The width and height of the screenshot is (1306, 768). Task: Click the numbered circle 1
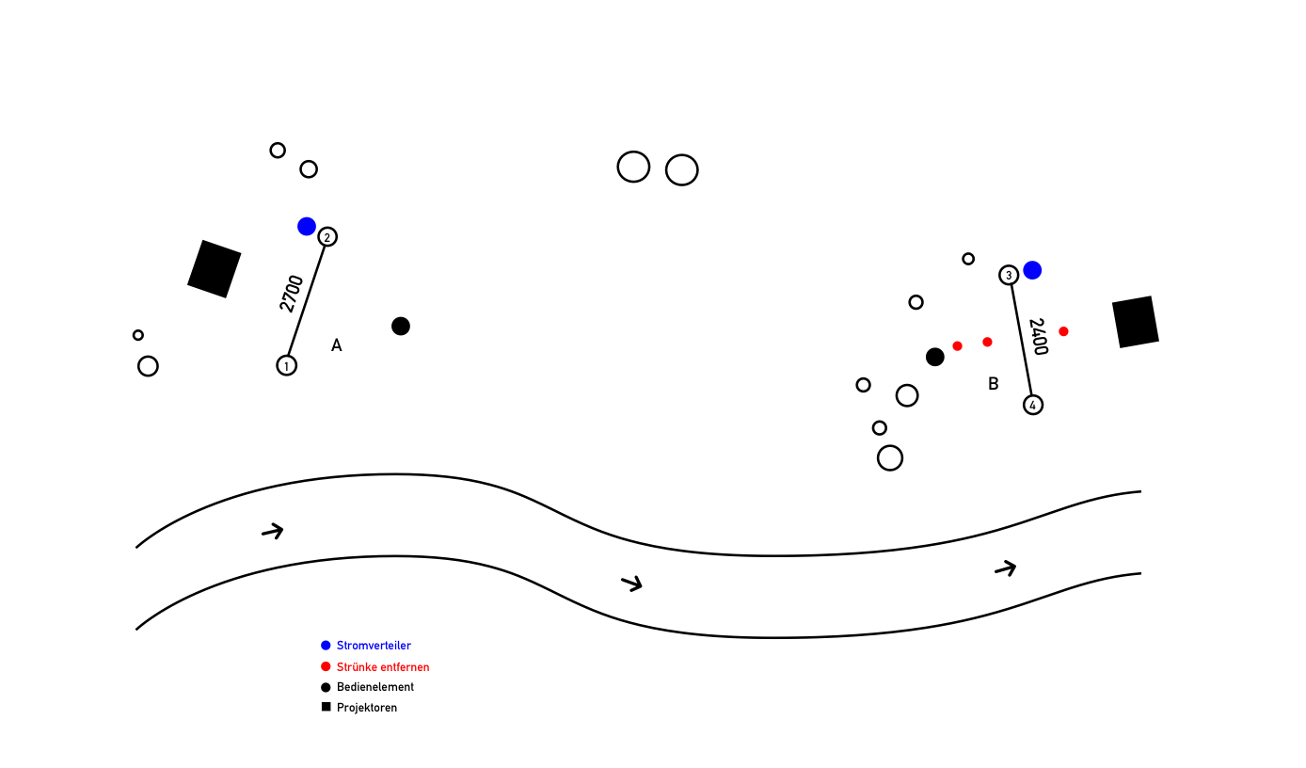287,365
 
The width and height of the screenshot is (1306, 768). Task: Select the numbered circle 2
327,236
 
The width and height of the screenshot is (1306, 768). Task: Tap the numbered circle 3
1009,275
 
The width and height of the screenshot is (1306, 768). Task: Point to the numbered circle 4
1033,405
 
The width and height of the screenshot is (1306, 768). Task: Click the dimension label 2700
292,294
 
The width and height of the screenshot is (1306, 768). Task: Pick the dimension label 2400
1038,337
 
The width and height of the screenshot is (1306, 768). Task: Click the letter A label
337,345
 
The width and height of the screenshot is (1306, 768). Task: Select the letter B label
994,384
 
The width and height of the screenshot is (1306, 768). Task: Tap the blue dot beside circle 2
307,226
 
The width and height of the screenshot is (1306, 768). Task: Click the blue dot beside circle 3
1032,270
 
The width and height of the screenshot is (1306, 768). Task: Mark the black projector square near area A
215,269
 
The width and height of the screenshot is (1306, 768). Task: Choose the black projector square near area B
1136,322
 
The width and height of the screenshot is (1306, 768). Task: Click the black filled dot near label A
401,327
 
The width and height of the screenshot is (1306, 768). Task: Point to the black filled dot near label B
935,357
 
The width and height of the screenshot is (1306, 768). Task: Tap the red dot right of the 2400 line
1063,331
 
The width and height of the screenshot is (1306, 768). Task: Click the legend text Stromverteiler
374,646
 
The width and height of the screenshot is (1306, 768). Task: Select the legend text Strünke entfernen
383,667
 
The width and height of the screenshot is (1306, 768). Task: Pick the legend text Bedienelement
375,687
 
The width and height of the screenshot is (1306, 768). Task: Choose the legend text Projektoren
367,708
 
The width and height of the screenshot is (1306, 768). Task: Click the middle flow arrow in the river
632,584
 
